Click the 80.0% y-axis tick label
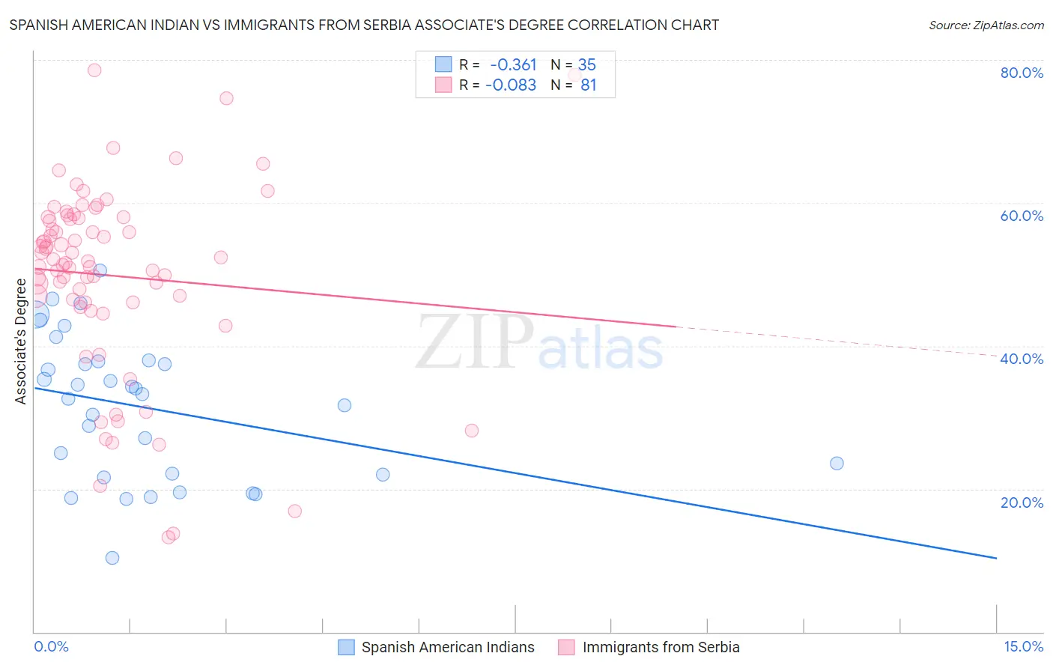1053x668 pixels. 1022,73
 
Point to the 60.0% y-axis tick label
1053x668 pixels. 1022,216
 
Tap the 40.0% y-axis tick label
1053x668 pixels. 1022,359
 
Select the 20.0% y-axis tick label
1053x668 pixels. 1022,502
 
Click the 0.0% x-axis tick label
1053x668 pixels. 51,647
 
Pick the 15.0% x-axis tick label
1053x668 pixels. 1023,647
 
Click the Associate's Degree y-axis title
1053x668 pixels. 21,341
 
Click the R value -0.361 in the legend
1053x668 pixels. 513,64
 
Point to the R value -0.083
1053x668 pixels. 511,85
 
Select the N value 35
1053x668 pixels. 587,64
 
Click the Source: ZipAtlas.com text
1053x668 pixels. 986,25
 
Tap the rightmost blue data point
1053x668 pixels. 837,464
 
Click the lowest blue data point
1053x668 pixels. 112,558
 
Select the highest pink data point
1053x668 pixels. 94,70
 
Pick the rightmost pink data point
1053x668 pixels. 471,431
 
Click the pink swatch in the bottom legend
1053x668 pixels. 566,648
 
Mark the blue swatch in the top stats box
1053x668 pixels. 443,64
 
